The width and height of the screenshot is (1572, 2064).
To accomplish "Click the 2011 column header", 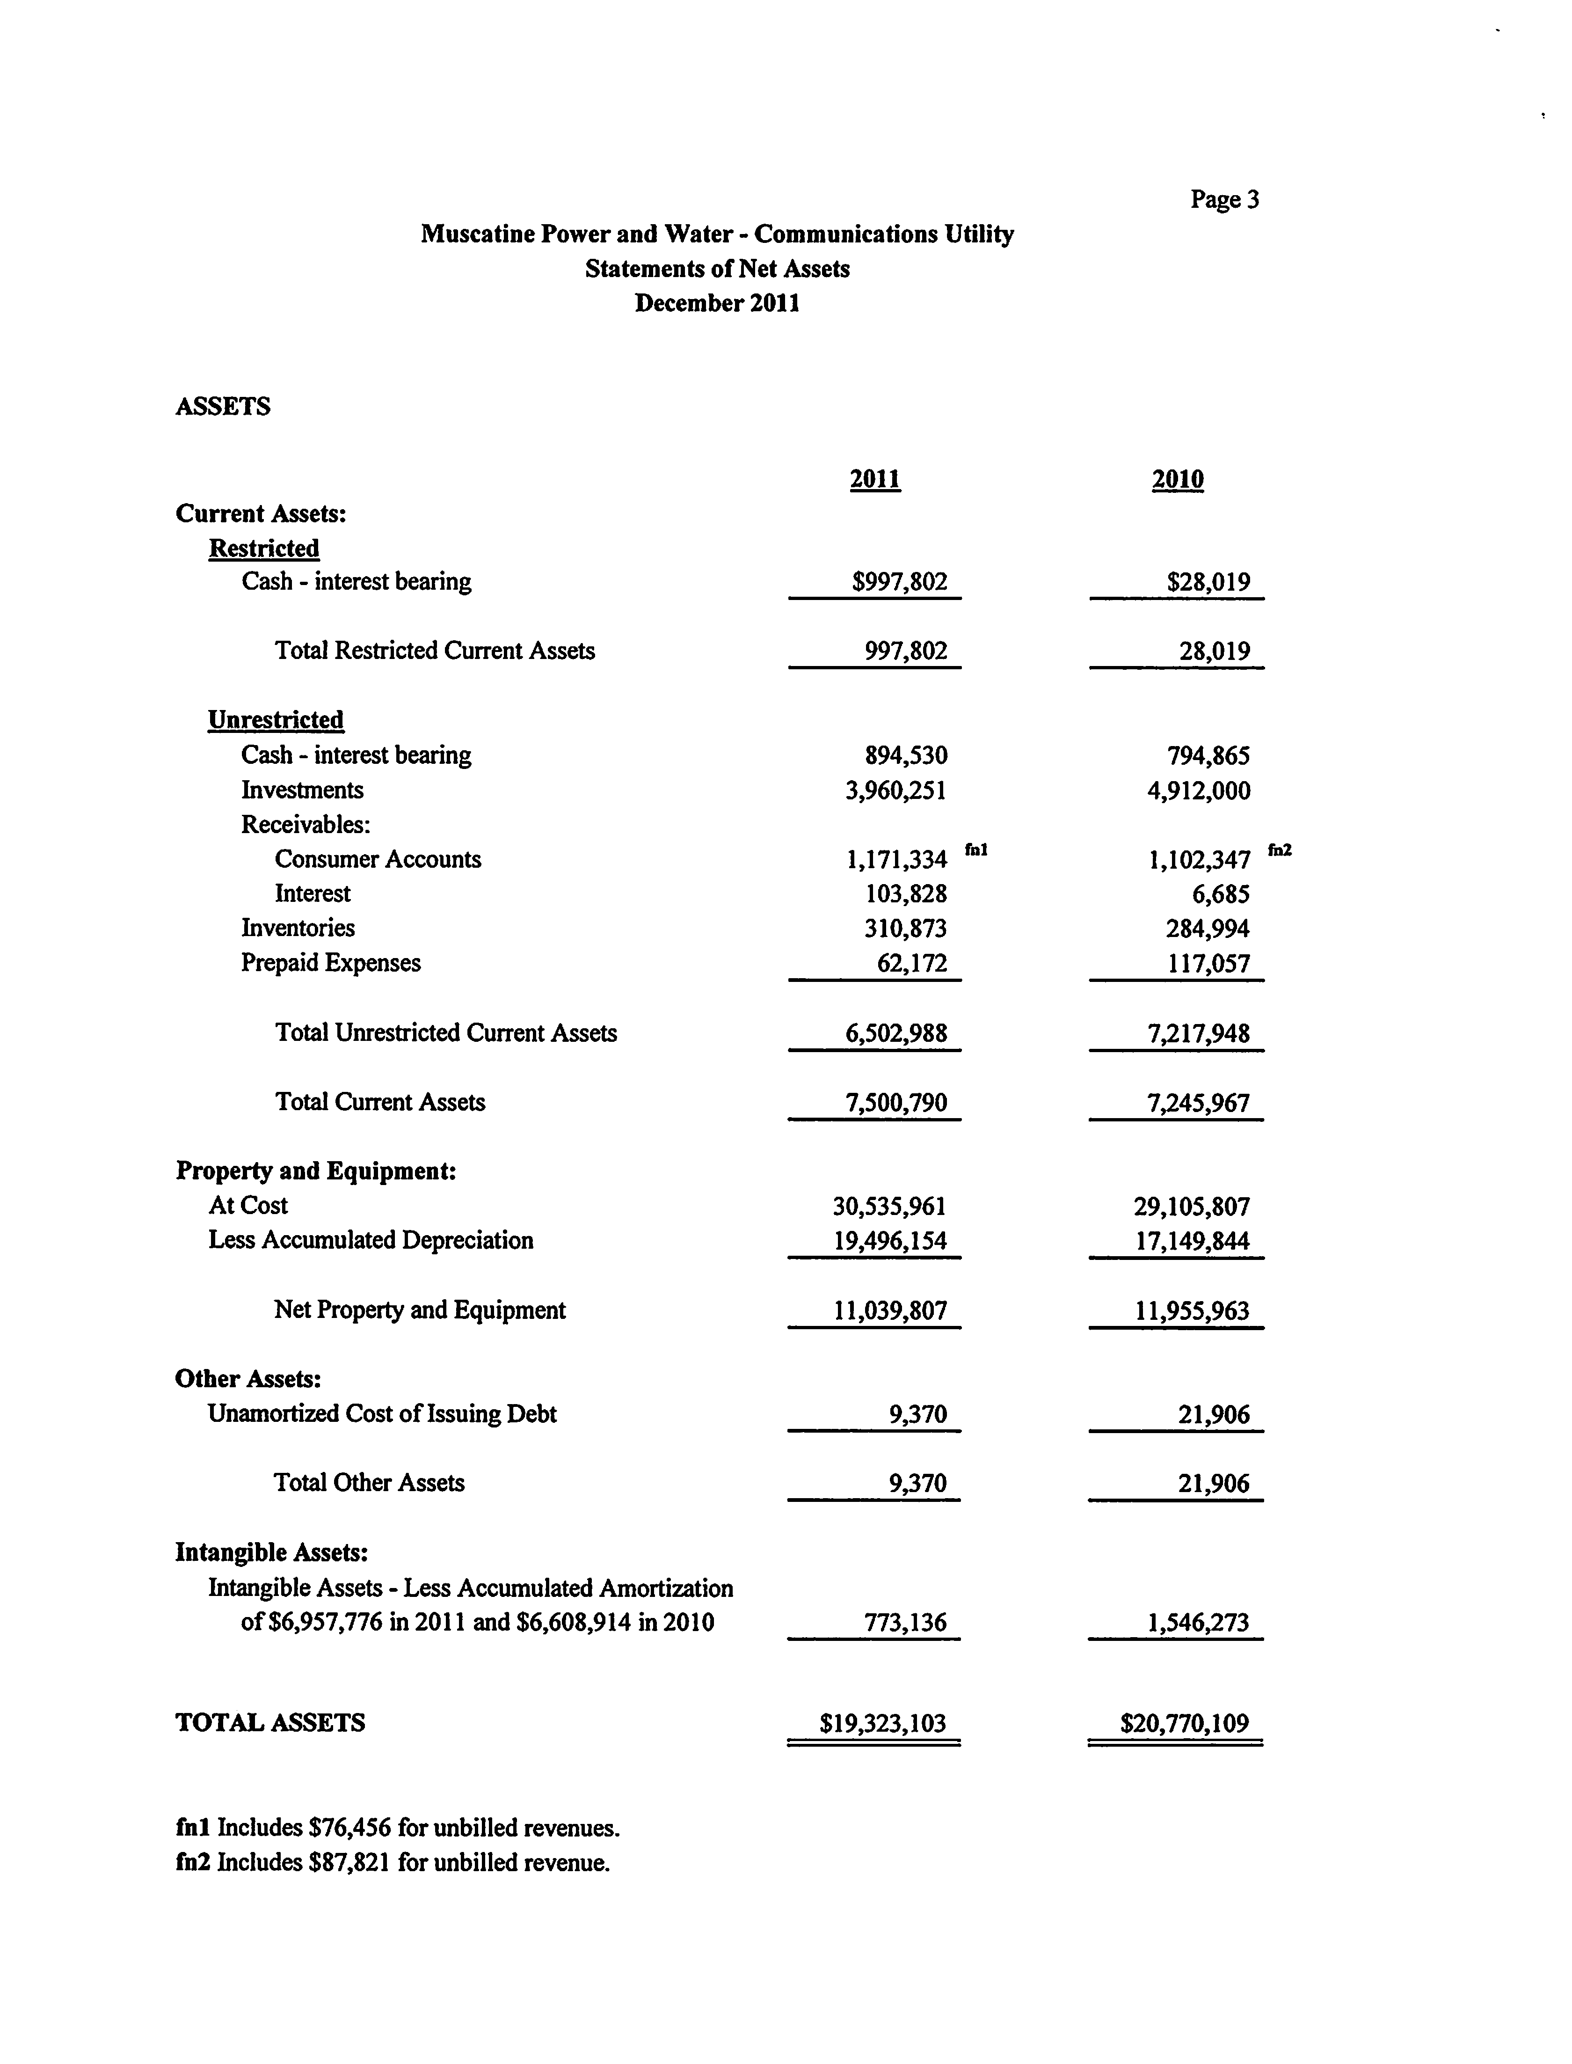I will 875,479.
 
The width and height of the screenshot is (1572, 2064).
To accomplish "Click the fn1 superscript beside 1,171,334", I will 976,850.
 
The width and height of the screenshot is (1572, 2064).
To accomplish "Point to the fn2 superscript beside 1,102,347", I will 1279,850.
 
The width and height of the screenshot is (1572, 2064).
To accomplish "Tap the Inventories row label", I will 298,928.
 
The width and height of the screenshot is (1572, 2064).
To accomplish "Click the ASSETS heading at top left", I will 223,406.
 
